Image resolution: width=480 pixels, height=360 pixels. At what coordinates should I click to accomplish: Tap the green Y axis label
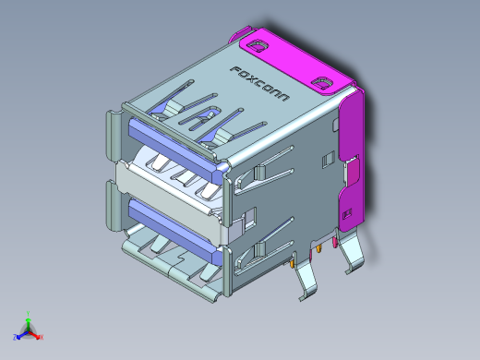(x=30, y=313)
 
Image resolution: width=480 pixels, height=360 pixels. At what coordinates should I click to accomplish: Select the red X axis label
(x=42, y=337)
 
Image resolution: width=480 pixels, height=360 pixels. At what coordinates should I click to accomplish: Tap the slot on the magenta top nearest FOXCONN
(x=255, y=42)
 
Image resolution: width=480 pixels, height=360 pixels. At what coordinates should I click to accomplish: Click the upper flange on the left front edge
(x=112, y=138)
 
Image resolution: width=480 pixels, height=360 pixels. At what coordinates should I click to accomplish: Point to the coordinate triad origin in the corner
(x=29, y=330)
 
